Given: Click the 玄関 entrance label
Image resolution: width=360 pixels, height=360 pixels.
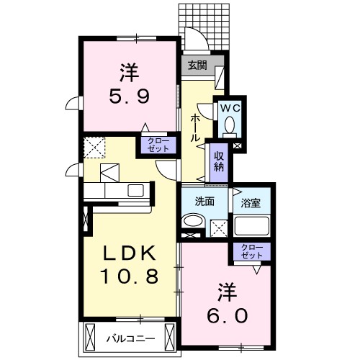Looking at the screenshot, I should pyautogui.click(x=197, y=64).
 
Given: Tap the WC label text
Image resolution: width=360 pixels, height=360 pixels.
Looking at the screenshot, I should pyautogui.click(x=229, y=108).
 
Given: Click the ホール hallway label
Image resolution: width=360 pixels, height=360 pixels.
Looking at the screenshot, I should pyautogui.click(x=195, y=127).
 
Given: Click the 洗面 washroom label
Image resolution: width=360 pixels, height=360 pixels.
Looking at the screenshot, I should pyautogui.click(x=204, y=202).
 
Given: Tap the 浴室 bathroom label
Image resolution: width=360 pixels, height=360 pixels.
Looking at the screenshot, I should pyautogui.click(x=251, y=203).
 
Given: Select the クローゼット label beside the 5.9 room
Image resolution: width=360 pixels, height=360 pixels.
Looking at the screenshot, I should pyautogui.click(x=158, y=144).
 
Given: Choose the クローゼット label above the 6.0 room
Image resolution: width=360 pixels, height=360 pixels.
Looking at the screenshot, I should pyautogui.click(x=251, y=252).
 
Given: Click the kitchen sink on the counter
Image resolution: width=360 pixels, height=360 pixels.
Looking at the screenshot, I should pyautogui.click(x=134, y=192).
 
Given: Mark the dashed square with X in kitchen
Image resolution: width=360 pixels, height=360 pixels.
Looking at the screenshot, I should pyautogui.click(x=94, y=148).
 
